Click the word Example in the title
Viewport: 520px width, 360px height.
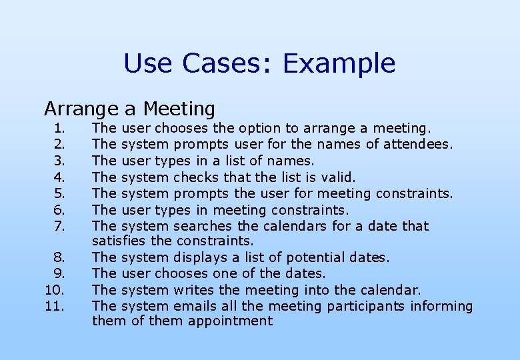tap(339, 64)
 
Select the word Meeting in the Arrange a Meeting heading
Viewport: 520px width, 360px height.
tap(179, 108)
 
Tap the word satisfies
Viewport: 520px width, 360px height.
tap(115, 241)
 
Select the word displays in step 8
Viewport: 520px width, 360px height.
tap(199, 257)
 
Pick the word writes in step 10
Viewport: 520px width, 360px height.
tap(194, 290)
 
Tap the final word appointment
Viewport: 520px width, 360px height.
tap(230, 321)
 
